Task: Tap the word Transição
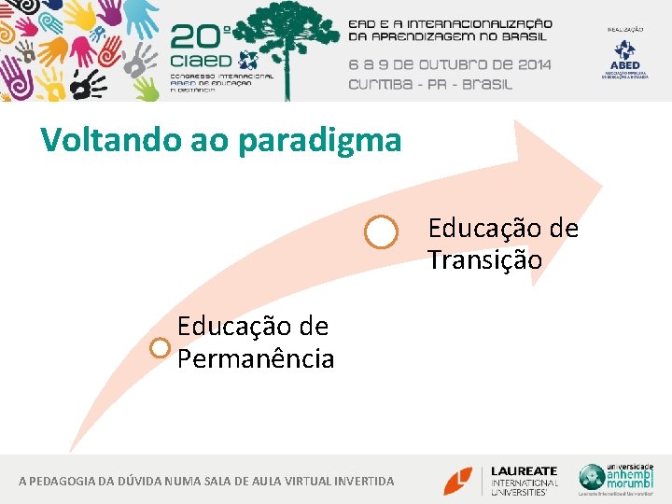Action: pyautogui.click(x=484, y=259)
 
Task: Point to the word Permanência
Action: pyautogui.click(x=256, y=358)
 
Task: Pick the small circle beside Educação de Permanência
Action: pyautogui.click(x=161, y=348)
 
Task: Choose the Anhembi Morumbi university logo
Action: pyautogui.click(x=616, y=479)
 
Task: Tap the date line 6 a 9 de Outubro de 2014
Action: pyautogui.click(x=450, y=64)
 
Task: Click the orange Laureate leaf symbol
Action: pyautogui.click(x=458, y=480)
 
